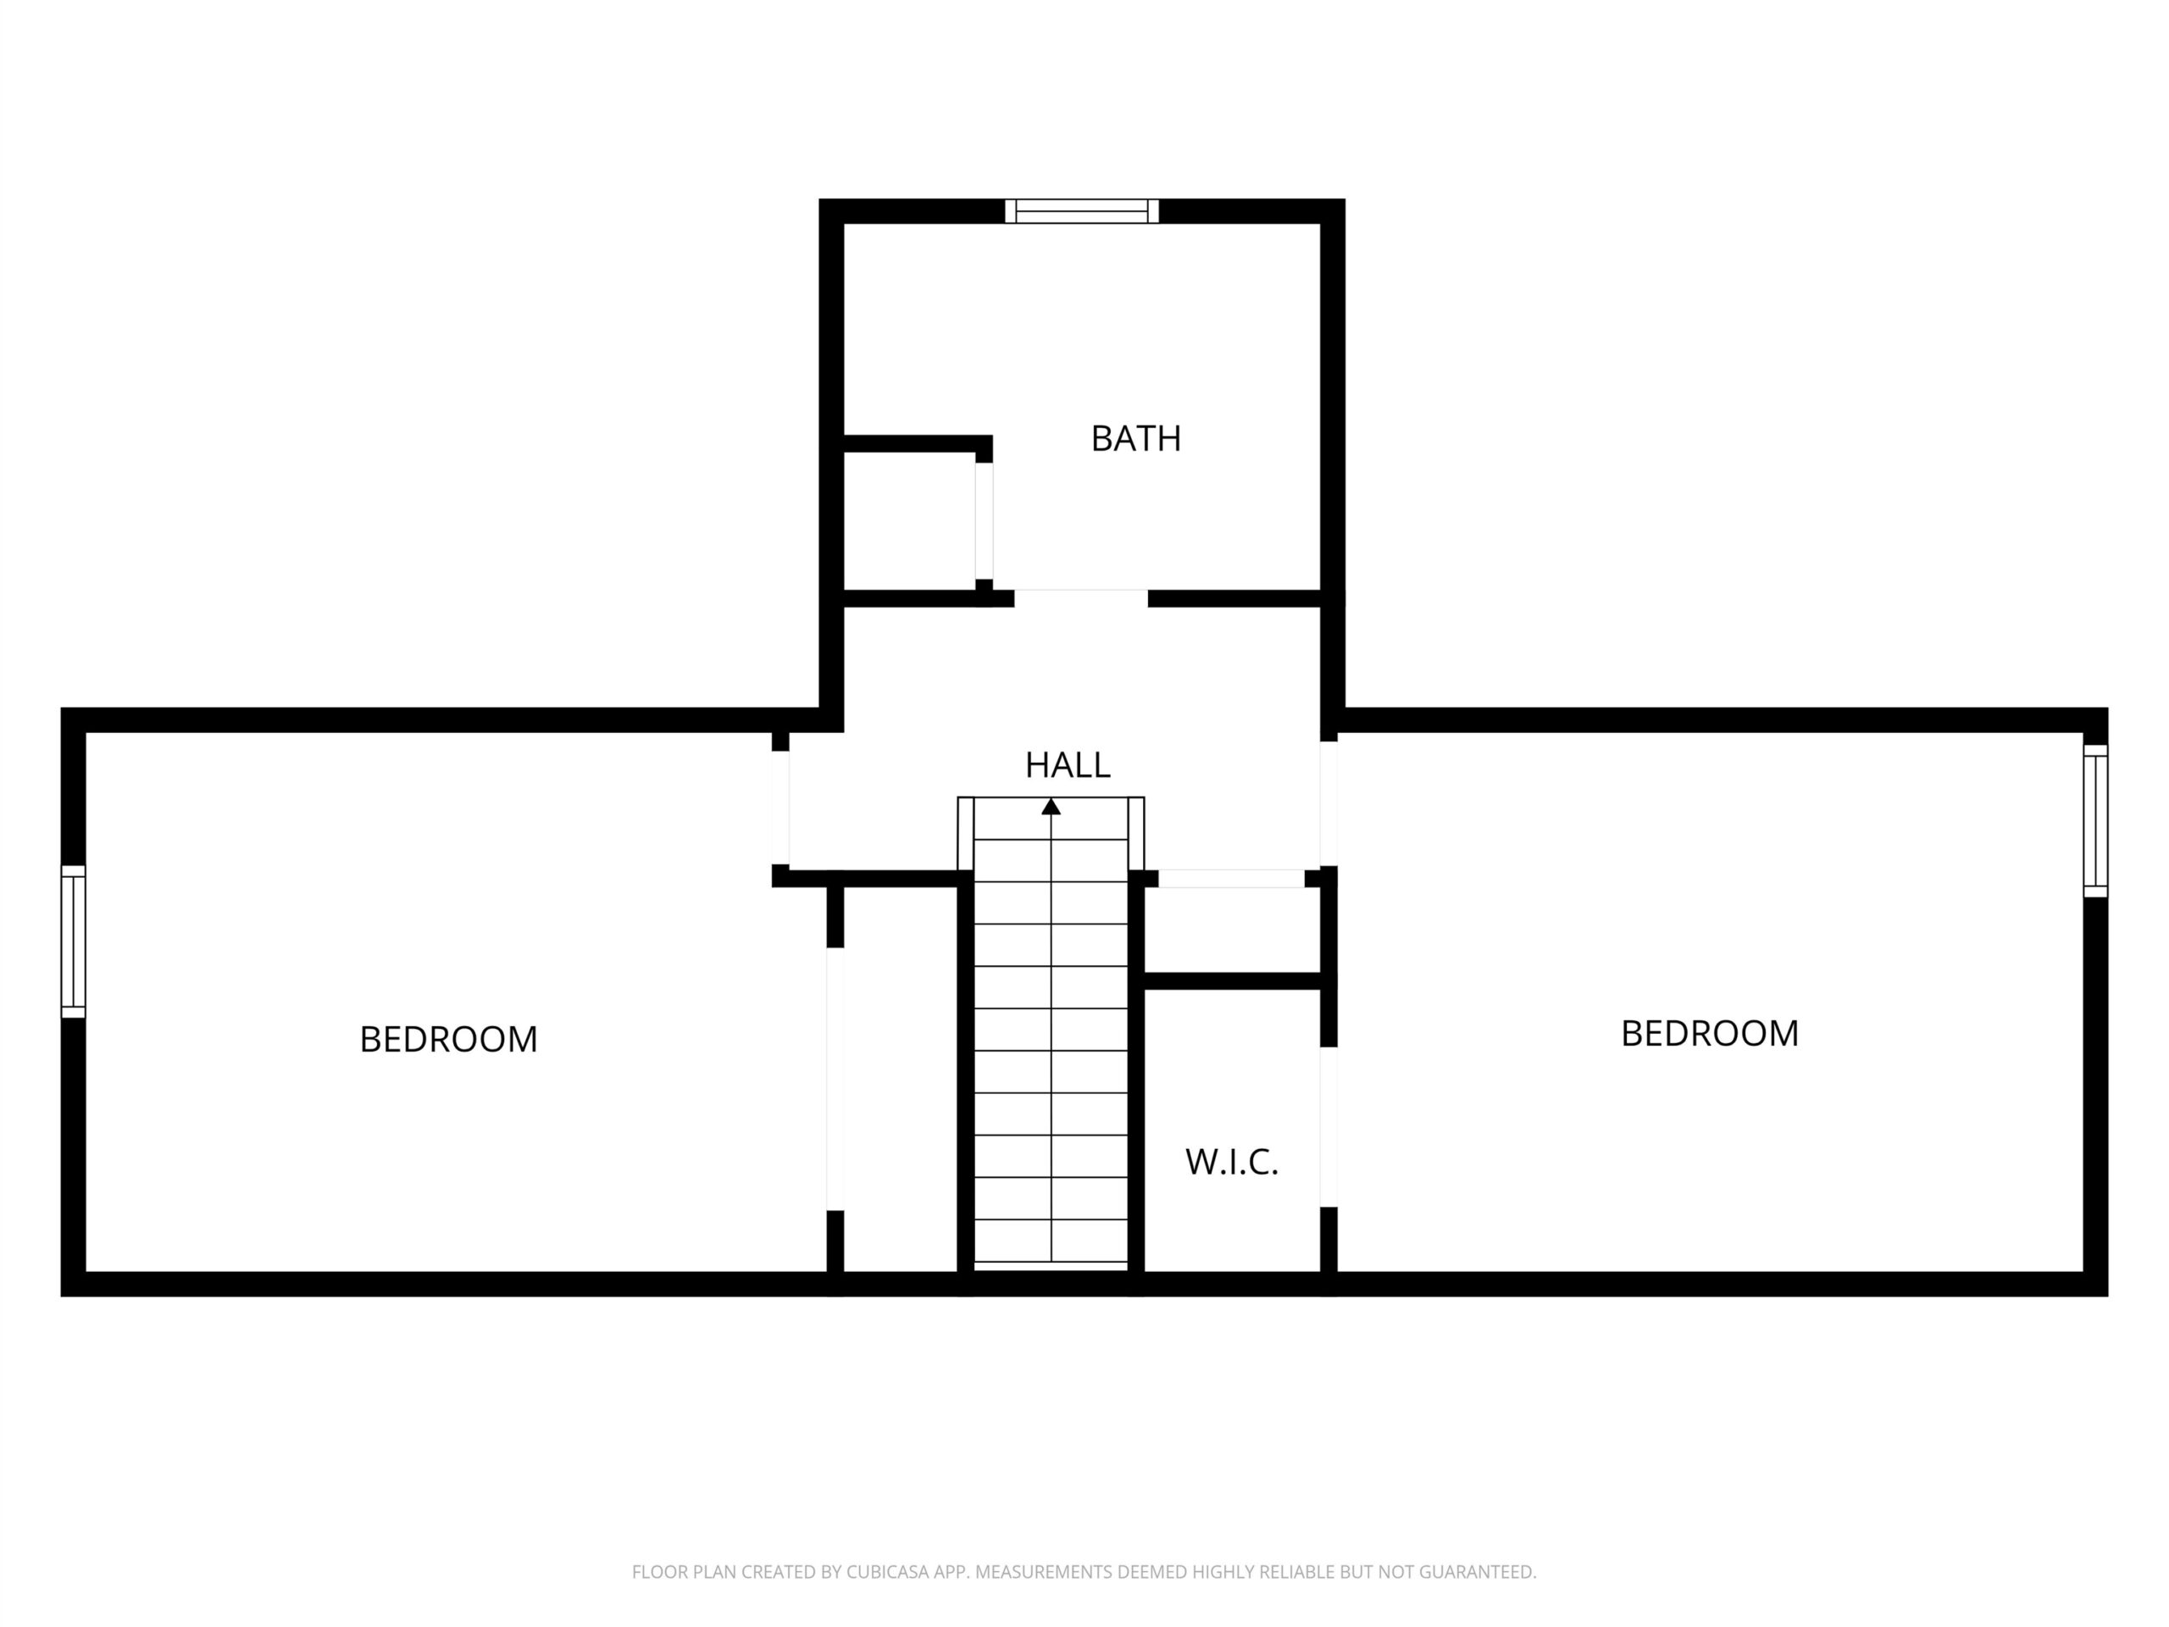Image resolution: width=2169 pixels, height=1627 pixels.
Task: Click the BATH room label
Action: click(1135, 438)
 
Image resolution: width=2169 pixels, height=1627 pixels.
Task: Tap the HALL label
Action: click(1067, 765)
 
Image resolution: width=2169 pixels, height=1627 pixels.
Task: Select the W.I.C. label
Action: click(1232, 1162)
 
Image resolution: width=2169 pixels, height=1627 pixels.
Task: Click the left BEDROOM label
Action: click(448, 1040)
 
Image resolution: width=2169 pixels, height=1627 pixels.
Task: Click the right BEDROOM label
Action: click(1709, 1034)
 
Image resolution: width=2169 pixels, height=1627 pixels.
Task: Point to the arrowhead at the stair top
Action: click(1051, 806)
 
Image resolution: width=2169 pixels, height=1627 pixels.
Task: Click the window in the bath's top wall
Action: click(1082, 211)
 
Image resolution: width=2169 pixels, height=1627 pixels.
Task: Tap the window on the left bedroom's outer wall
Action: click(74, 941)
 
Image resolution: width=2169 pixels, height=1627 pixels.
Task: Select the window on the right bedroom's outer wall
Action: click(2094, 821)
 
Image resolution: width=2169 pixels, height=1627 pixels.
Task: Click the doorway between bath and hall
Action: click(1080, 598)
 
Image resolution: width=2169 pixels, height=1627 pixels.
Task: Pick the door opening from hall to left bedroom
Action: click(780, 808)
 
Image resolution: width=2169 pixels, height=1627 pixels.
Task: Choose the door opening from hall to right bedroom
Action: click(1329, 804)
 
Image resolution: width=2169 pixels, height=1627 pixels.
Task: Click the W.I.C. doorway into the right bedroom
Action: click(1329, 1127)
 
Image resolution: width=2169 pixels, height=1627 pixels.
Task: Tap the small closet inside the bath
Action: click(909, 522)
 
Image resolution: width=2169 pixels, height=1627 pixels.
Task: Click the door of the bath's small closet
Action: click(984, 521)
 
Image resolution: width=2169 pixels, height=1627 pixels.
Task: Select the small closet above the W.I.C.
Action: click(1232, 930)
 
